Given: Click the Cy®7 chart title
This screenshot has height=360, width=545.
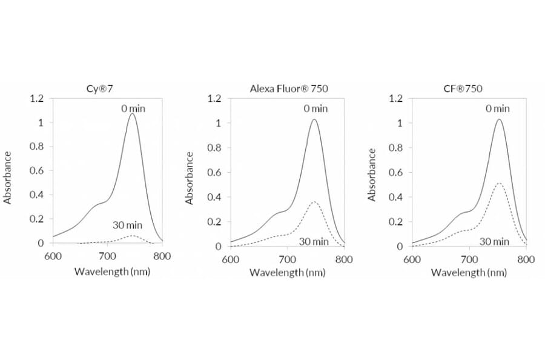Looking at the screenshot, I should pos(101,88).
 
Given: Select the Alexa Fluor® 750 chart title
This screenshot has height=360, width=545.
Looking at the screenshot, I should pos(289,88).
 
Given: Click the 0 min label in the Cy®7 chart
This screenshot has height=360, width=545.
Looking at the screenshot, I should pos(133,109).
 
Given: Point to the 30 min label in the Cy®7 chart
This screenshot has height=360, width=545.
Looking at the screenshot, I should pos(127,225).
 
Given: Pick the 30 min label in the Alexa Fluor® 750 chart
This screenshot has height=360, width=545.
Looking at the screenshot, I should pos(314,241).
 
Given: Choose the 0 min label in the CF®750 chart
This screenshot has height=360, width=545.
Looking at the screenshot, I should pos(497,109).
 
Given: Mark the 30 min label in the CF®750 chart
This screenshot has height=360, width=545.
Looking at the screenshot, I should pos(494,241).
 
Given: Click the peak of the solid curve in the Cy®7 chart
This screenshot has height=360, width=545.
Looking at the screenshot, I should pos(131,114).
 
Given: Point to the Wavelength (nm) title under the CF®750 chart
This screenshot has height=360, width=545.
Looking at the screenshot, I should pos(469,272).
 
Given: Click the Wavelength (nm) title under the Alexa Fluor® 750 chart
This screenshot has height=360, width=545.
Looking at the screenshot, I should pos(287,272).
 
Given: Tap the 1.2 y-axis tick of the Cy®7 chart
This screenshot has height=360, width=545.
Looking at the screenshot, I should pos(37,99).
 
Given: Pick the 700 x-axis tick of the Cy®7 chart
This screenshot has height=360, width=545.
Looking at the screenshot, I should pos(107,256).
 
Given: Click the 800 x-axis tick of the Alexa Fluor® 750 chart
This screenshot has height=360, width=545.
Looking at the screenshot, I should pos(344,259).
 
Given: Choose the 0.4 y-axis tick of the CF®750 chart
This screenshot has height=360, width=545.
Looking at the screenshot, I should pos(395,197).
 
